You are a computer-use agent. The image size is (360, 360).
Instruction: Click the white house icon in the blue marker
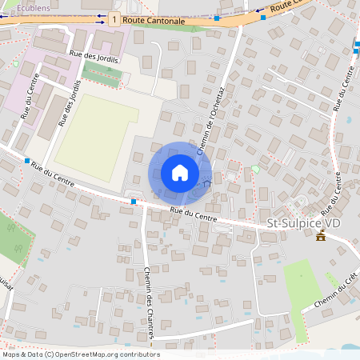tap(180, 173)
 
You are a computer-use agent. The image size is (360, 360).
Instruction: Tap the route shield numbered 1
tap(116, 18)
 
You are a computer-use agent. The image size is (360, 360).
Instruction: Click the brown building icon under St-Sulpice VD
tap(321, 236)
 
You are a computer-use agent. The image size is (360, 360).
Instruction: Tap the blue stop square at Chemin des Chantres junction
tap(133, 202)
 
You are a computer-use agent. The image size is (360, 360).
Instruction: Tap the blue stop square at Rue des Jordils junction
tap(26, 161)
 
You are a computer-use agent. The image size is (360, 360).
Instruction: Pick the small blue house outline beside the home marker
tap(207, 183)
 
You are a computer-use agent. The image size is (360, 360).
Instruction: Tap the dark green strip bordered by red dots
tap(113, 74)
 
